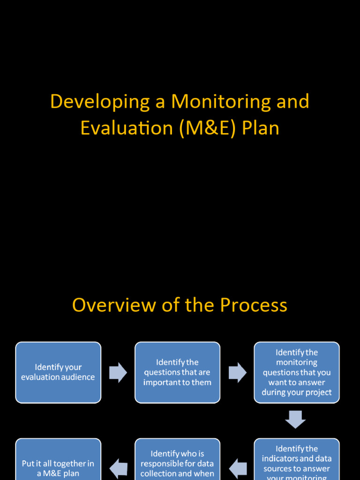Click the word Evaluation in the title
[127, 128]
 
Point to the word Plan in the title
[261, 128]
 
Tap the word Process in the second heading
[254, 305]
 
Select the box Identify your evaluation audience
[58, 373]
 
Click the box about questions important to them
[177, 373]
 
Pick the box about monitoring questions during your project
[297, 373]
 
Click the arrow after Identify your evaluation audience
[118, 373]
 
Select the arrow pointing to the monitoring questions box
[238, 373]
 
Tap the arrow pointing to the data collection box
[238, 468]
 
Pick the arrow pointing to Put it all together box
[118, 468]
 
